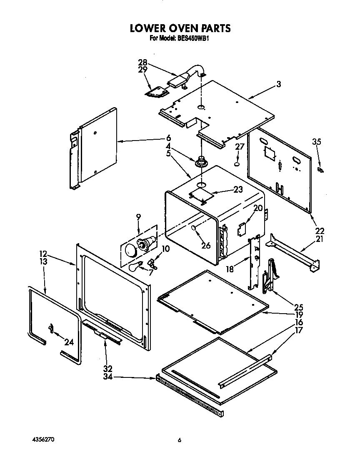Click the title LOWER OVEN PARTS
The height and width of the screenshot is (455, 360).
(x=180, y=28)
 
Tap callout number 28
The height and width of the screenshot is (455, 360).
(x=142, y=63)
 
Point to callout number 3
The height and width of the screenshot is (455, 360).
(x=278, y=84)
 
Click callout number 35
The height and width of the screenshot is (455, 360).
(x=317, y=142)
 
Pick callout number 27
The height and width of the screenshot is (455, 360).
(x=239, y=147)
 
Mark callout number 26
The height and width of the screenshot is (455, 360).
(x=206, y=246)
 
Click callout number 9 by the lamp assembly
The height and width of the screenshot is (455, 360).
(x=138, y=216)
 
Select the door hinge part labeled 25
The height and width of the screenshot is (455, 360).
(x=269, y=275)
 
